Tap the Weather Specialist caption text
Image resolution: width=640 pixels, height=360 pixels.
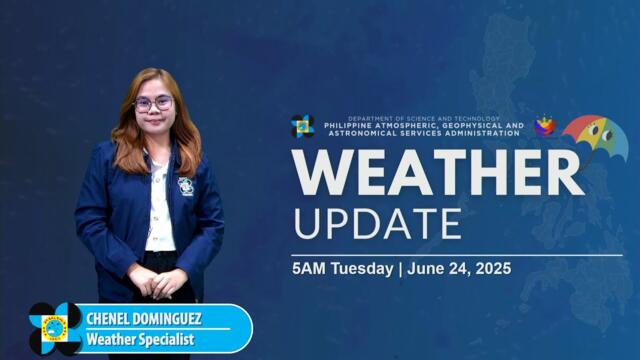click(x=140, y=340)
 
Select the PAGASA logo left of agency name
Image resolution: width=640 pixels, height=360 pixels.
click(x=302, y=127)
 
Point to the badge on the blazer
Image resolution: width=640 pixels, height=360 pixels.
click(x=185, y=186)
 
